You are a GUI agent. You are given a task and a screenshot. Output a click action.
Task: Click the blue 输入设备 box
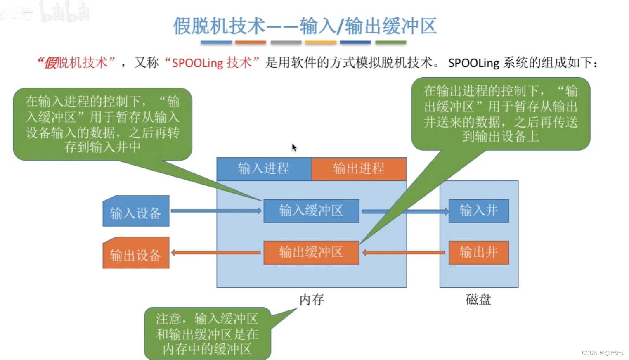click(136, 211)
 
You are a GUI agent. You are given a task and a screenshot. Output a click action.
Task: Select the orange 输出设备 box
click(136, 253)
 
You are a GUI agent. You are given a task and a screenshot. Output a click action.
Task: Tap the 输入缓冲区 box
click(311, 211)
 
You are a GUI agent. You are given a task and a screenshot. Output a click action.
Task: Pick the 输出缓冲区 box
click(311, 252)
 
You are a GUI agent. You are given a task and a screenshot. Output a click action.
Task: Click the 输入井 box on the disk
click(478, 211)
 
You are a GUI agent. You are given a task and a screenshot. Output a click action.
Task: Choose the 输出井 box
click(478, 252)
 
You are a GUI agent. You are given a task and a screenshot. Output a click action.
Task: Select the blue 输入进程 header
click(264, 169)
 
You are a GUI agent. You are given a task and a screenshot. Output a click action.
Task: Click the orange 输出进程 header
click(359, 169)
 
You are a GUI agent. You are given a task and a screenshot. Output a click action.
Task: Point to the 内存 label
click(312, 299)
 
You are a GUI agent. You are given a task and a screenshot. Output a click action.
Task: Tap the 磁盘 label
click(478, 299)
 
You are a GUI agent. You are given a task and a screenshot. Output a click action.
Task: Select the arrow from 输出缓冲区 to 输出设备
click(217, 252)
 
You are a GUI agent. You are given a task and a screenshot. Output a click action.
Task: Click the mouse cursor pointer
click(294, 147)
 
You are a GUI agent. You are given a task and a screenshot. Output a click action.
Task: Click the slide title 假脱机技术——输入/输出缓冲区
click(305, 26)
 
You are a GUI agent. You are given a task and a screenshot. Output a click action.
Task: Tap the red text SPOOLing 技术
click(212, 63)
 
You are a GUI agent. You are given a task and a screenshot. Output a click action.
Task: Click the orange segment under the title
click(251, 42)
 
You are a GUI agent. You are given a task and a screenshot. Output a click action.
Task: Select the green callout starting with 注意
click(207, 334)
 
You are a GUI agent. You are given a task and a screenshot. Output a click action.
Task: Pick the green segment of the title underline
click(390, 42)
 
